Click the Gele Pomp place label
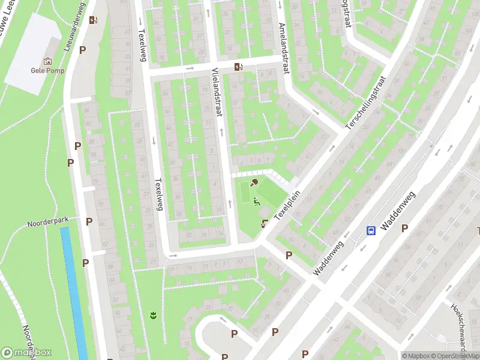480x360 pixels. [x=47, y=70]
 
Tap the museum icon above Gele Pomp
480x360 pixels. [x=47, y=61]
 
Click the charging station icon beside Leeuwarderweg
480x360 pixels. [x=93, y=20]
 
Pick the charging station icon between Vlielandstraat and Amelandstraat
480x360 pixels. [x=239, y=67]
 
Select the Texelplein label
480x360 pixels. [x=286, y=207]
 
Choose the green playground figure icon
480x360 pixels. [x=256, y=202]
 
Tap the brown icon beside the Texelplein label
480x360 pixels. [x=265, y=224]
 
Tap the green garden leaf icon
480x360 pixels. [x=153, y=314]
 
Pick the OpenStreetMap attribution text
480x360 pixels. [x=454, y=356]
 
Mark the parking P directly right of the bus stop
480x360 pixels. [x=405, y=228]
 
